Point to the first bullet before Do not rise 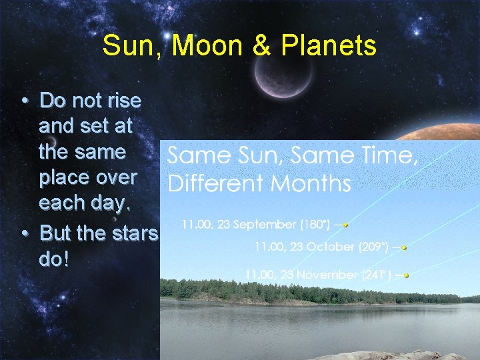tap(24, 101)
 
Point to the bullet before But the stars tap(24, 234)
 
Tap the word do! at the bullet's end tap(54, 259)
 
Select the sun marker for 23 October tap(404, 247)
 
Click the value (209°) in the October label tap(374, 247)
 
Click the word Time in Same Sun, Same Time tap(389, 157)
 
